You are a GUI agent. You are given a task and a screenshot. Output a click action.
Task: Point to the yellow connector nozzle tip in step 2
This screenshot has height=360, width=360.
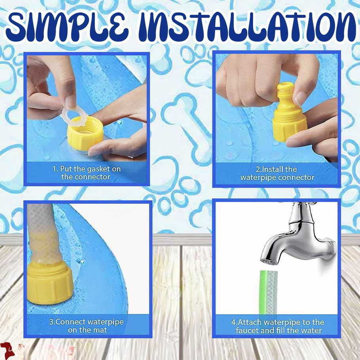click(285, 89)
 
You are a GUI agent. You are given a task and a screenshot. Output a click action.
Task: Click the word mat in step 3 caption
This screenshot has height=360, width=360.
click(101, 330)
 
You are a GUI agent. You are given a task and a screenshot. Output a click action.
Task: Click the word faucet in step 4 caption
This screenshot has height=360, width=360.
click(248, 330)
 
